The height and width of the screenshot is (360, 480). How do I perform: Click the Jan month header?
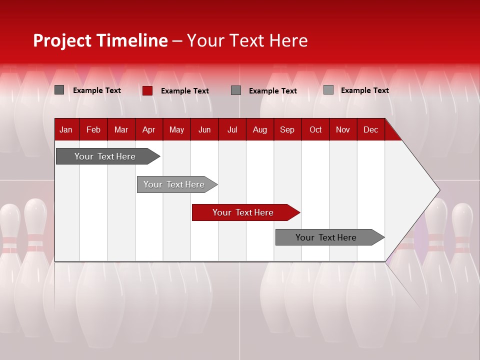pyautogui.click(x=66, y=130)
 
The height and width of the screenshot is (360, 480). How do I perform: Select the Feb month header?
pyautogui.click(x=93, y=130)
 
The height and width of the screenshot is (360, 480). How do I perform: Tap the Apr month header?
pyautogui.click(x=148, y=130)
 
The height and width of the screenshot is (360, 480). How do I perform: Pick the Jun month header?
pyautogui.click(x=204, y=130)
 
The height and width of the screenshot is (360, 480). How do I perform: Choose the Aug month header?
pyautogui.click(x=259, y=130)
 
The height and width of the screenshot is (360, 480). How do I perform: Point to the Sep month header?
pyautogui.click(x=287, y=130)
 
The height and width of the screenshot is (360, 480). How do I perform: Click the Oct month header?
pyautogui.click(x=315, y=130)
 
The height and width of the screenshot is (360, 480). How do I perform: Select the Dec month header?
pyautogui.click(x=370, y=130)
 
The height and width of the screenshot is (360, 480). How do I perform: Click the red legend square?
pyautogui.click(x=147, y=90)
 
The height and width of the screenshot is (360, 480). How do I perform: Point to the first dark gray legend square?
pyautogui.click(x=59, y=90)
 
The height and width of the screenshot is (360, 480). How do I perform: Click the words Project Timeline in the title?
pyautogui.click(x=100, y=40)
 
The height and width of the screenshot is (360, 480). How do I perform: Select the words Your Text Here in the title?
pyautogui.click(x=247, y=40)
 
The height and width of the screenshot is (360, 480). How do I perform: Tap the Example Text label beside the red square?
pyautogui.click(x=185, y=91)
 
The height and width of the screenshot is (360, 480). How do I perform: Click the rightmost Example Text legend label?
pyautogui.click(x=364, y=90)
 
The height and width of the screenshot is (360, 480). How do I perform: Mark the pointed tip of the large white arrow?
pyautogui.click(x=439, y=190)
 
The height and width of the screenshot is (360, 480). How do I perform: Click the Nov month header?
pyautogui.click(x=342, y=130)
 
